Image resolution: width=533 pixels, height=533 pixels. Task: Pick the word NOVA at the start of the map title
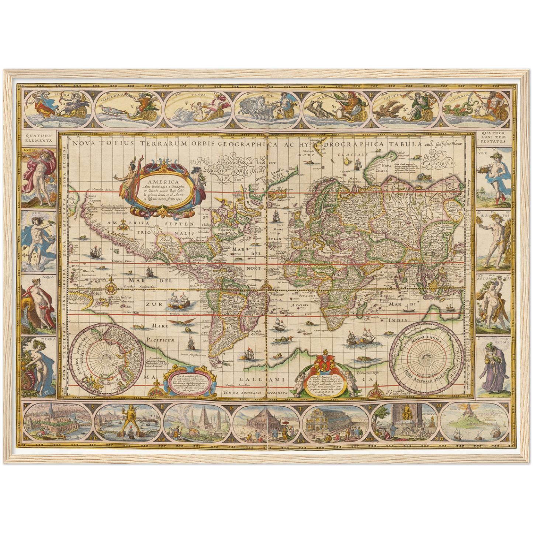coord(81,144)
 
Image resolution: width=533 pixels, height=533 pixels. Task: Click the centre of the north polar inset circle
coord(107,355)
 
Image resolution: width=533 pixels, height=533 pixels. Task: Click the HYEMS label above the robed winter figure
coord(504,342)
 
